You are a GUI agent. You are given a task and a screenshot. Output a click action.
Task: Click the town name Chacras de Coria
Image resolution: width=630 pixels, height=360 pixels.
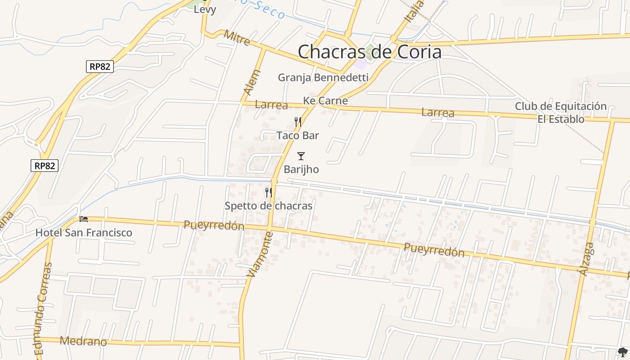(369, 52)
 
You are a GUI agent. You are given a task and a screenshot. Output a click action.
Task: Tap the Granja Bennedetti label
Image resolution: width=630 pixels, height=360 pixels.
(323, 77)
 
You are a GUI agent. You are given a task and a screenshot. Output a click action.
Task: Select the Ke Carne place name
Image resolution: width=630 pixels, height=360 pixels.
(325, 101)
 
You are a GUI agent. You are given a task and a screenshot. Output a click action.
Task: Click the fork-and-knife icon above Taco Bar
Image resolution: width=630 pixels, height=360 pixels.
(297, 122)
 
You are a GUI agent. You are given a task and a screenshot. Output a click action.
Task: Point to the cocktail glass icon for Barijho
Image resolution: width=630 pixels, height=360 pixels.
(301, 156)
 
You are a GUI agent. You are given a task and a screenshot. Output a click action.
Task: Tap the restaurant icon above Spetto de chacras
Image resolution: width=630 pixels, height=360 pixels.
(269, 193)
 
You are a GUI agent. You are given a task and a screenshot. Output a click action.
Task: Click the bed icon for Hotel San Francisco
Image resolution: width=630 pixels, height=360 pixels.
(84, 219)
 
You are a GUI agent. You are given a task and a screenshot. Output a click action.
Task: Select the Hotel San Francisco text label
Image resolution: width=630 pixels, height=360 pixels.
(84, 233)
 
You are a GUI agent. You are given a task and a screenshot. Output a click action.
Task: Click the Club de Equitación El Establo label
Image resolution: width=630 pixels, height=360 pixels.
(561, 112)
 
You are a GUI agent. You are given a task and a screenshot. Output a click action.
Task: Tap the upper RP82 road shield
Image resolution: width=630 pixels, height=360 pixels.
(99, 67)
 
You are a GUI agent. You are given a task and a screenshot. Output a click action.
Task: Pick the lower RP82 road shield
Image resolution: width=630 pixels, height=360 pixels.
(45, 166)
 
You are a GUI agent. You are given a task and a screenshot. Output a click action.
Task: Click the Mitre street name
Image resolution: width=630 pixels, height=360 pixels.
(237, 38)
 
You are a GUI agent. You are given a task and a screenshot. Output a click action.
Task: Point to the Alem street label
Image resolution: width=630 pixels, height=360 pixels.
(252, 82)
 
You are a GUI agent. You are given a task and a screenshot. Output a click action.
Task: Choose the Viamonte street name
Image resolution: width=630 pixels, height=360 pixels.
(260, 254)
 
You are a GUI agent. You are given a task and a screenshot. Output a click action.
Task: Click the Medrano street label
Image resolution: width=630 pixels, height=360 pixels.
(84, 341)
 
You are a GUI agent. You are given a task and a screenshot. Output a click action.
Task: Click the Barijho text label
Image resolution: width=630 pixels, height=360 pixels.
(301, 170)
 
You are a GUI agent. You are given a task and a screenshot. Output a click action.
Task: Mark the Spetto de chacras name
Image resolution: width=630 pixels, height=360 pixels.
(268, 206)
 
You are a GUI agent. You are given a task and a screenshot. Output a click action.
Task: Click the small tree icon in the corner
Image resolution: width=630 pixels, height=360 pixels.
(623, 352)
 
